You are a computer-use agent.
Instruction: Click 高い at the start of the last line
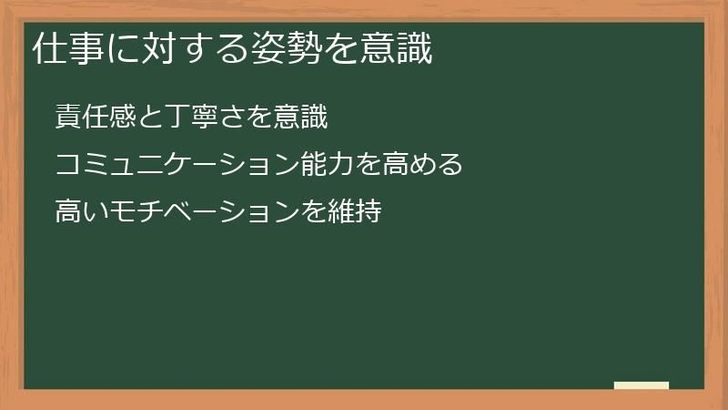(x=80, y=212)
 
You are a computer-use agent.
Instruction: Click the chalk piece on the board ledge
(x=642, y=385)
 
